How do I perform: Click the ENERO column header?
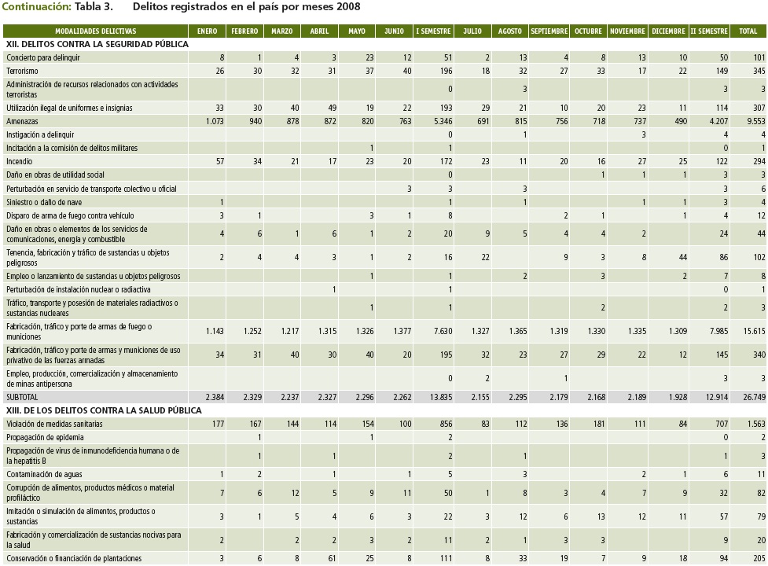click(208, 31)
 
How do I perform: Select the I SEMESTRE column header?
click(433, 31)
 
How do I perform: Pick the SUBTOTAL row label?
click(22, 398)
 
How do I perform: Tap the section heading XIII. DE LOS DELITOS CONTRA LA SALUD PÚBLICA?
click(105, 410)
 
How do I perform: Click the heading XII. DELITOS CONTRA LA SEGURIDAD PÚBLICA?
click(97, 45)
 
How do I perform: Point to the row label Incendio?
click(20, 161)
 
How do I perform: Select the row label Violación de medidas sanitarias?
click(54, 424)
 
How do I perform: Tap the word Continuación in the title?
click(37, 7)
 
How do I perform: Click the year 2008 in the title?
click(349, 7)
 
